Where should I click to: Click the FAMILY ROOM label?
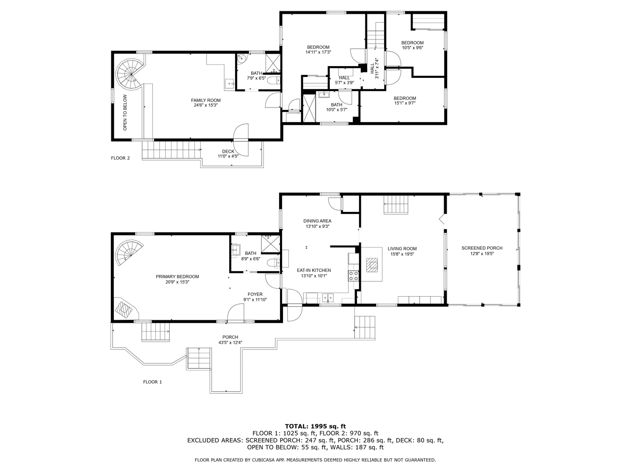pos(206,100)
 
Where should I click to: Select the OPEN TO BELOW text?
pos(125,112)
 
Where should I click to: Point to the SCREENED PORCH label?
pos(482,248)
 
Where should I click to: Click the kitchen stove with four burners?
pos(353,276)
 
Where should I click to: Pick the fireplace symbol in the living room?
pos(372,265)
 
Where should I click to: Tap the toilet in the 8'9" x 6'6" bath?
pos(273,263)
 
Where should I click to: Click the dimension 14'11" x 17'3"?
pos(318,52)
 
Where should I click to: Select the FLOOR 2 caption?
pos(120,158)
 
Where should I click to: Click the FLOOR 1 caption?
pos(152,382)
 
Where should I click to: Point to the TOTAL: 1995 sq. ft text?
pos(315,427)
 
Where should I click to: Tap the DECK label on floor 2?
pos(228,151)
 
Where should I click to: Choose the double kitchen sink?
pos(328,298)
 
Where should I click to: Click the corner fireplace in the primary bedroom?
pos(125,309)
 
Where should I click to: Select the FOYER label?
pos(255,294)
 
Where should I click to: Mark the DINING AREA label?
pos(317,221)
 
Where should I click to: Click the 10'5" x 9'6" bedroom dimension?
pos(412,48)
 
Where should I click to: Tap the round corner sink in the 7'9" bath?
pos(241,58)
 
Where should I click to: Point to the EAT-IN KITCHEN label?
pos(314,270)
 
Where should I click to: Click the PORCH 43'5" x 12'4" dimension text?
pos(230,342)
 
